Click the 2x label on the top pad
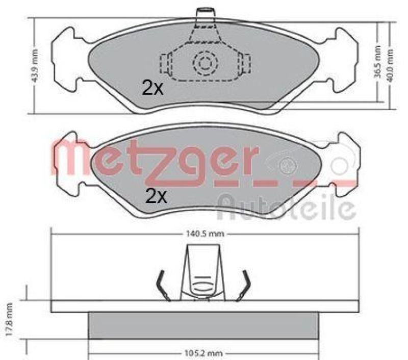point(152,88)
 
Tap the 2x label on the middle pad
point(156,195)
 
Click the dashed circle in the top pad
point(206,63)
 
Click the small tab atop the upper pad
point(205,11)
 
